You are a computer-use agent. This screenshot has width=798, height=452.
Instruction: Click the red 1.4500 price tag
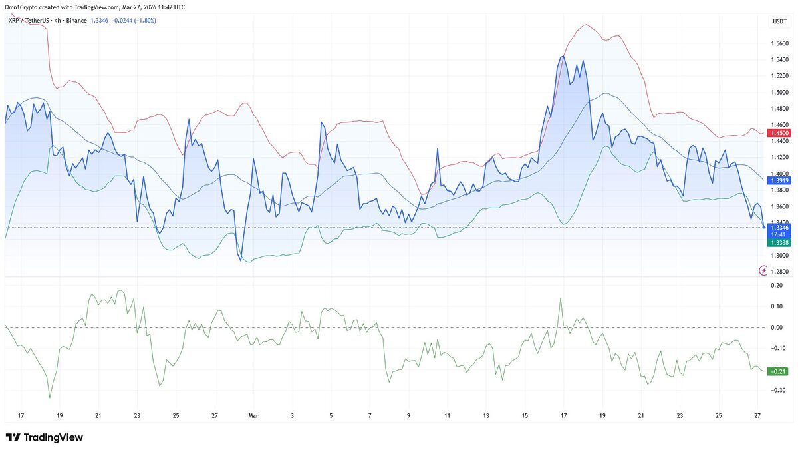(x=779, y=134)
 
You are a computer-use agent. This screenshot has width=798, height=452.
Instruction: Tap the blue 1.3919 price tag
(x=779, y=180)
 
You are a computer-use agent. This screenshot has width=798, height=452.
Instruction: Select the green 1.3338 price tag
(x=779, y=243)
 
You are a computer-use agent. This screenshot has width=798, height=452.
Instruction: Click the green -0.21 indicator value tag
(x=777, y=371)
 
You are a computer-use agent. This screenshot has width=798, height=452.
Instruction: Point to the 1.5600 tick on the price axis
(x=780, y=43)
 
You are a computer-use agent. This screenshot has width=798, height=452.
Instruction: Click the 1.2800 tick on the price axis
(x=780, y=272)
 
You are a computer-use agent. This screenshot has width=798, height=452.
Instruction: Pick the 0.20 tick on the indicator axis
(x=776, y=286)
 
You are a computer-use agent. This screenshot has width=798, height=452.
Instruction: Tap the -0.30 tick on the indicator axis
(x=776, y=390)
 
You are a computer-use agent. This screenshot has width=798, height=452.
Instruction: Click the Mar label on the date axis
(x=253, y=416)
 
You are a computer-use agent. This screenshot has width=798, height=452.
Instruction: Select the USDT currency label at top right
(x=779, y=22)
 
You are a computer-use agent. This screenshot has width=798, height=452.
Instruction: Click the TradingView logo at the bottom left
(x=44, y=437)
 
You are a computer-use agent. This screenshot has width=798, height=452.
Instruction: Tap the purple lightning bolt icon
(x=763, y=270)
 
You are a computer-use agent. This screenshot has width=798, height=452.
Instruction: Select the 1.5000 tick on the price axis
(x=780, y=92)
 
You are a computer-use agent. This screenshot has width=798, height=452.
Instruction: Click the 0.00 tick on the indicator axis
(x=776, y=327)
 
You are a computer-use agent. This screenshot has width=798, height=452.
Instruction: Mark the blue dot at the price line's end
(x=763, y=227)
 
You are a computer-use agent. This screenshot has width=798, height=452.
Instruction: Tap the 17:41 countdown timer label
(x=779, y=234)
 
